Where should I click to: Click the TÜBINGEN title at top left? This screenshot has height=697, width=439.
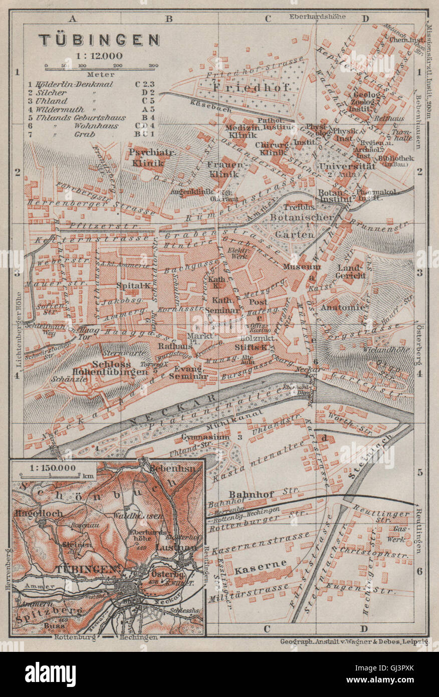(100, 40)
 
